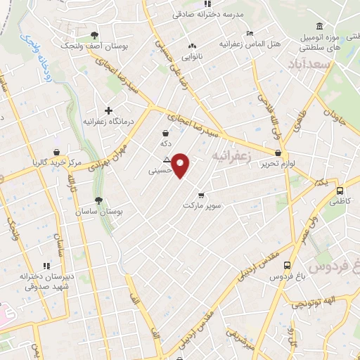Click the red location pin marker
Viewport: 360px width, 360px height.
point(181,165)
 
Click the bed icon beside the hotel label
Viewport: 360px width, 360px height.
point(250,33)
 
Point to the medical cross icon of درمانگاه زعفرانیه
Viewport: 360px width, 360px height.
point(108,110)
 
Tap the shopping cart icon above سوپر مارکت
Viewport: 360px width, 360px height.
point(202,195)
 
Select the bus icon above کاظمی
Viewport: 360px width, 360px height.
point(340,191)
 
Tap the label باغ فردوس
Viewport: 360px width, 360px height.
point(287,277)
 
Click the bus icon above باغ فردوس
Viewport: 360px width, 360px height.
point(287,266)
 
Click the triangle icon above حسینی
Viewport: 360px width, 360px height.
point(167,159)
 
